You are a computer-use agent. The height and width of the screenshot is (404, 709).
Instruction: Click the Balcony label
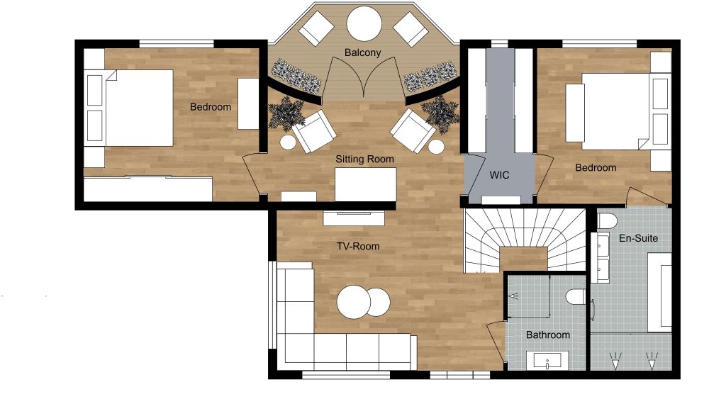click(x=362, y=52)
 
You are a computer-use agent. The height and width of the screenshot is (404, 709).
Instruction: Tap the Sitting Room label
click(x=364, y=159)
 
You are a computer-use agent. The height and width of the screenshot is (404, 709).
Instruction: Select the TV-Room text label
click(x=357, y=246)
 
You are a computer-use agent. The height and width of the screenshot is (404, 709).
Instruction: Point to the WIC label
click(x=499, y=175)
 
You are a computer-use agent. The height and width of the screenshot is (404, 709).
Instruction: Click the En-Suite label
click(x=638, y=238)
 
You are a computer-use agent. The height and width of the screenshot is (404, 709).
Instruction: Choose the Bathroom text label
click(x=547, y=335)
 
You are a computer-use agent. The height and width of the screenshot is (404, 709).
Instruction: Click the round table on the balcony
click(x=364, y=23)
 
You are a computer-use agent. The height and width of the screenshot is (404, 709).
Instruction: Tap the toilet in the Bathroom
click(x=576, y=297)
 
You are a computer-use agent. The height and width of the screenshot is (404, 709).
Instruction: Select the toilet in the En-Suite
click(x=608, y=221)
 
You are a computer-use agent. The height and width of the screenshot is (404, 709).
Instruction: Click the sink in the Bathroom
click(x=547, y=361)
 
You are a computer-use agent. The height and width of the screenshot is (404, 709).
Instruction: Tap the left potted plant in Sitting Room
click(x=286, y=113)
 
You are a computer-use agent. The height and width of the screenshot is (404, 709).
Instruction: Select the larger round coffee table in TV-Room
click(x=354, y=302)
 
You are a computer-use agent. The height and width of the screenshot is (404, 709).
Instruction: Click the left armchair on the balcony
click(x=316, y=28)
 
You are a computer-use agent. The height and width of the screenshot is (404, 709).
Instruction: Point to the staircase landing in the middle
click(x=525, y=259)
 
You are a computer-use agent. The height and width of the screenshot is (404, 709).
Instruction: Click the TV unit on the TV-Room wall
click(x=354, y=218)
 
